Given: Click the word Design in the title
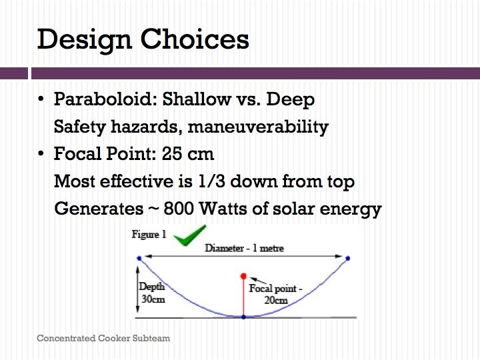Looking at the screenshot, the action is pos(85,40).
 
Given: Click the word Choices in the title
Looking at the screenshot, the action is pos(195,39).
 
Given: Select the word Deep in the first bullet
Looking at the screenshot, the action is pos(290,100).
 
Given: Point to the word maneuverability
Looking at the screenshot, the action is pos(258,127).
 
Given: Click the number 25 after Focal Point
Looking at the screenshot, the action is pos(173,154).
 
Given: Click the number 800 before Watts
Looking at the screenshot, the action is pos(179,209).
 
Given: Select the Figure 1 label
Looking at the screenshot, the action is pos(149,234).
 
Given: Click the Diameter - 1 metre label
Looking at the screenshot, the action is pos(244,247).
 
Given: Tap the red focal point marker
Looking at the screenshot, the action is pos(243,277).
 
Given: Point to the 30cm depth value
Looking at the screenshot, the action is pos(153,299).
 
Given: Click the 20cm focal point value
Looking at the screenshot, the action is pos(276,300).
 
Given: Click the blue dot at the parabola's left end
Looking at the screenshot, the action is pos(139,259).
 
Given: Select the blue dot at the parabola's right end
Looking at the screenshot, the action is pos(348,259).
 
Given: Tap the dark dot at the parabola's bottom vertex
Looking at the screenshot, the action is pos(244,317).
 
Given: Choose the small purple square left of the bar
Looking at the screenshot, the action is pos(14,73).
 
